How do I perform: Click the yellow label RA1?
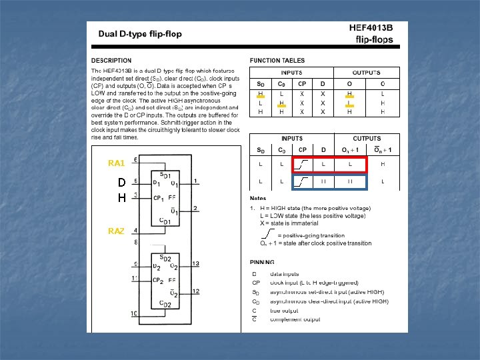[116, 163]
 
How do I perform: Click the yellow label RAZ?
[116, 231]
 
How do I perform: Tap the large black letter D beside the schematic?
[121, 182]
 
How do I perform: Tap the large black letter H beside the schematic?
[121, 197]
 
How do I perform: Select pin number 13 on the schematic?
[195, 263]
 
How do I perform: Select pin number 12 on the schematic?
[195, 291]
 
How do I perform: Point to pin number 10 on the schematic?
[135, 313]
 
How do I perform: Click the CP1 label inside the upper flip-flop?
[161, 198]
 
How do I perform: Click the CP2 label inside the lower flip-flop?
[161, 280]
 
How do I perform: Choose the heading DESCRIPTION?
[111, 61]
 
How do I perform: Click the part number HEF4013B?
[371, 28]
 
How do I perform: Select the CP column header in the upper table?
[303, 84]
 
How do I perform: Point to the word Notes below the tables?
[258, 198]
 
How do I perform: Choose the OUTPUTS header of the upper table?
[366, 72]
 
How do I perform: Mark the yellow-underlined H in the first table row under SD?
[261, 94]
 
